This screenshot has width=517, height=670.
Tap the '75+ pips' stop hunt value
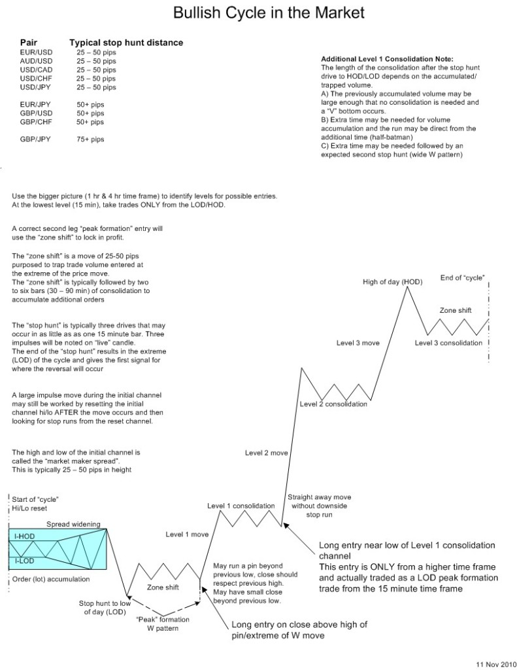(90, 139)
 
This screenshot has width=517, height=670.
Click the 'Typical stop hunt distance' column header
(126, 43)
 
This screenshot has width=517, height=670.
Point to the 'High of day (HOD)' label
(393, 282)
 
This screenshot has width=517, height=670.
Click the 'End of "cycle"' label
(463, 278)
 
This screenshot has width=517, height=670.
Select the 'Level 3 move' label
(358, 343)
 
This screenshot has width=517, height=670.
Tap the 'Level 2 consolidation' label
(333, 404)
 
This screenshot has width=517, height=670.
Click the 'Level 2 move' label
(267, 452)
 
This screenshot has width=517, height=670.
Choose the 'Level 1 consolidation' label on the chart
(241, 506)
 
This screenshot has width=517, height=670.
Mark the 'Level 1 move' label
(187, 535)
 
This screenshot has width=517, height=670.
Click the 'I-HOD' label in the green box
(25, 536)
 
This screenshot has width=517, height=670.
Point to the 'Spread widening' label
(73, 524)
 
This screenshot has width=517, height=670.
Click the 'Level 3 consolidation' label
(449, 343)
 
